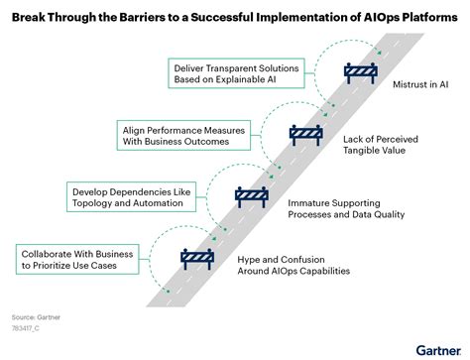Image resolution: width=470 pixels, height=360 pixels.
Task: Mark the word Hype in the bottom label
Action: click(x=251, y=259)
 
